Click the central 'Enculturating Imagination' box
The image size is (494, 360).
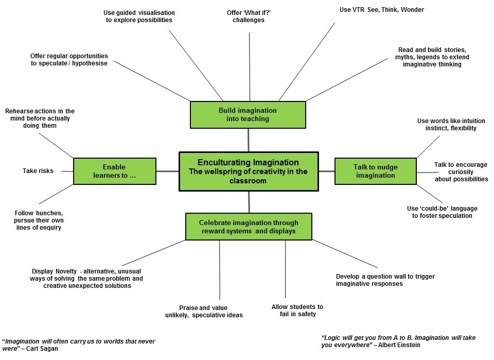tap(249, 171)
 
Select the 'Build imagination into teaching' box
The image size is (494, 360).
tap(248, 114)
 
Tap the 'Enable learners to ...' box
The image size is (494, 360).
tap(114, 171)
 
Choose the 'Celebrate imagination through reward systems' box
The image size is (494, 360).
tap(249, 227)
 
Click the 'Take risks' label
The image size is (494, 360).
tap(38, 171)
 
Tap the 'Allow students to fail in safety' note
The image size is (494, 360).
tap(297, 310)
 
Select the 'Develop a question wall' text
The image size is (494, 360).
tap(385, 280)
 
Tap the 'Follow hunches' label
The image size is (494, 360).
tap(39, 220)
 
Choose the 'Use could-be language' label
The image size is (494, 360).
tap(442, 212)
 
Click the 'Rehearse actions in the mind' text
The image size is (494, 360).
tap(39, 118)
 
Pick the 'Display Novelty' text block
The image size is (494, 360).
tap(87, 278)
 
